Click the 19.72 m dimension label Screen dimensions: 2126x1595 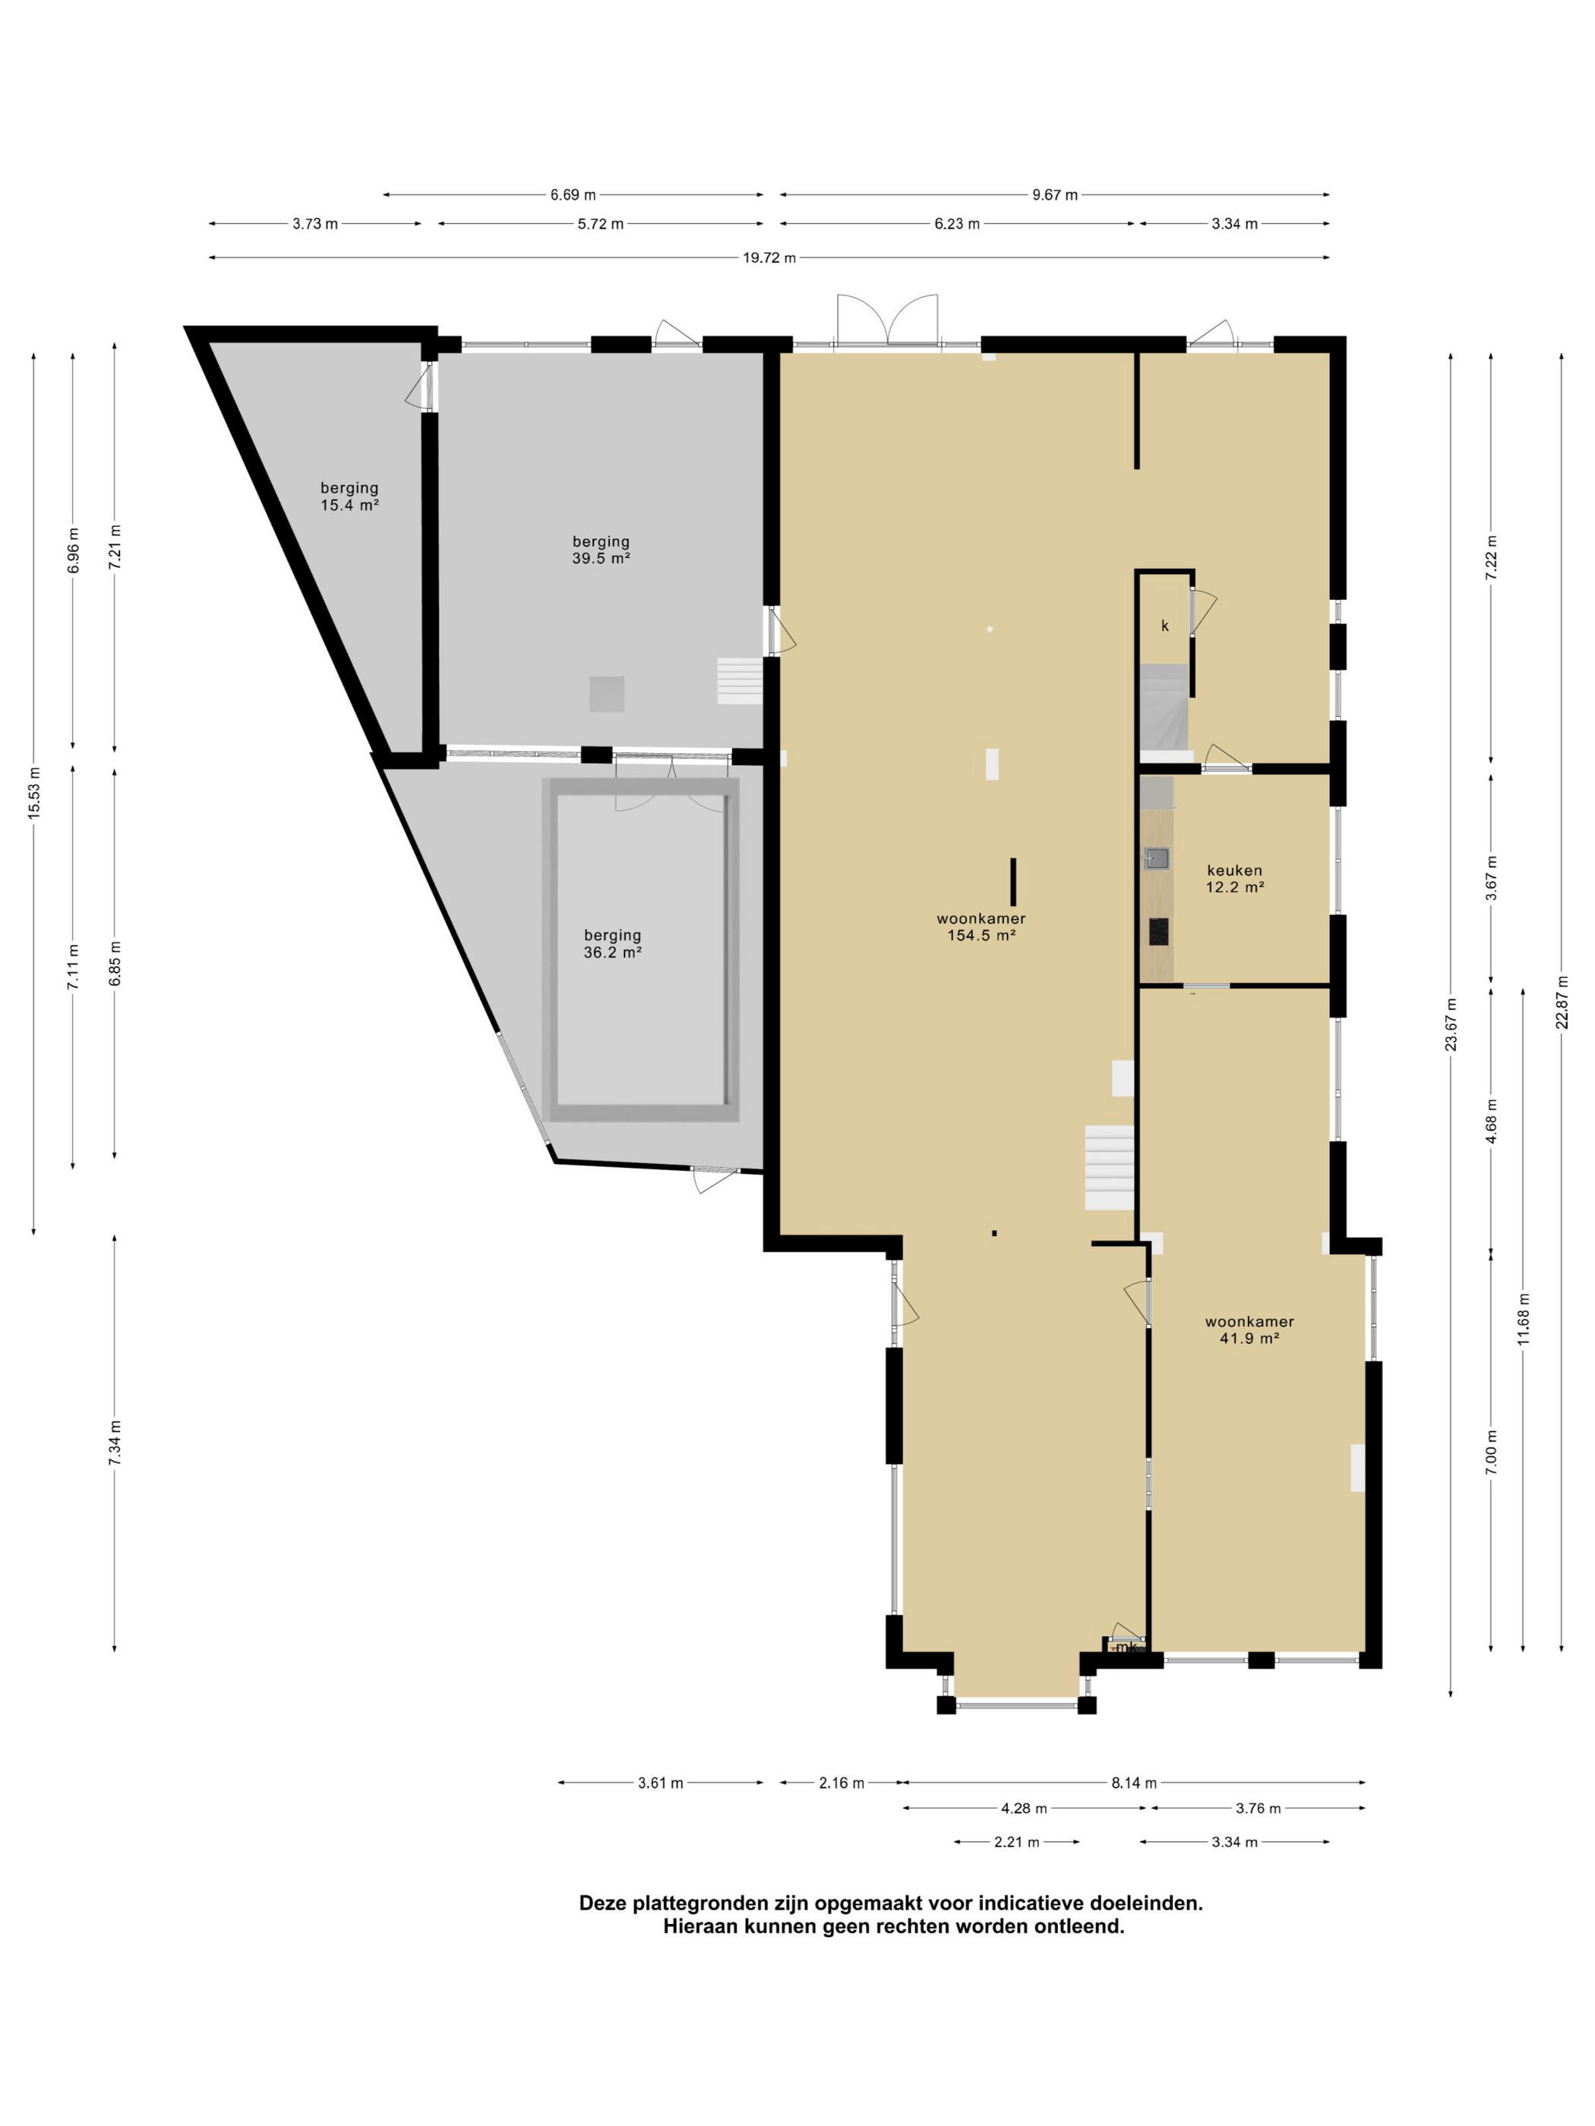click(x=768, y=257)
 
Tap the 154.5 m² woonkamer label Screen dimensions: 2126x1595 click(x=981, y=926)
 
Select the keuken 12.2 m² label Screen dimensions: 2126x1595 click(x=1234, y=878)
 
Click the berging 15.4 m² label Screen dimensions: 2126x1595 click(x=349, y=496)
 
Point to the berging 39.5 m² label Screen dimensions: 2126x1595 click(x=601, y=550)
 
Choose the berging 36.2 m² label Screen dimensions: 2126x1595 click(x=612, y=944)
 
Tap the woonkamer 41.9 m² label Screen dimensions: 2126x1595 click(x=1249, y=1330)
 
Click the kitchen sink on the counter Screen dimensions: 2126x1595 click(x=1157, y=858)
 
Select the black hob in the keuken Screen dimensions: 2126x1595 click(x=1158, y=932)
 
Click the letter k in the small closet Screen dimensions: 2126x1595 click(x=1164, y=626)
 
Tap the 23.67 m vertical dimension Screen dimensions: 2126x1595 click(x=1451, y=1024)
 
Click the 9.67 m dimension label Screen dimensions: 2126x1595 click(x=1055, y=195)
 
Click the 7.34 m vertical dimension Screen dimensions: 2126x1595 click(x=115, y=1443)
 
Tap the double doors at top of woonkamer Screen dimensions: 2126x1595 click(x=886, y=320)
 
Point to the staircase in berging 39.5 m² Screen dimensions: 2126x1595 click(x=739, y=681)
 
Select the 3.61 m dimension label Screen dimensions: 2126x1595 click(x=661, y=1783)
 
